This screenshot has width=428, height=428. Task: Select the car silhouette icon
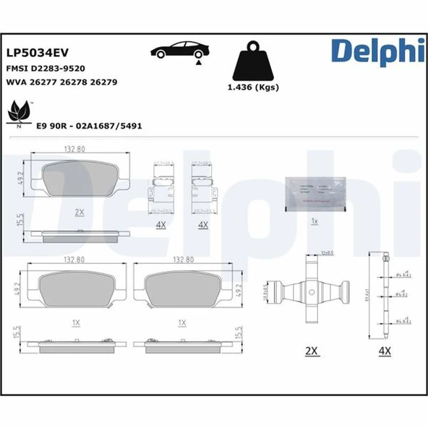pos(178,52)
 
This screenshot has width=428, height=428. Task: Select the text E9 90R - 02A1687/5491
pos(89,125)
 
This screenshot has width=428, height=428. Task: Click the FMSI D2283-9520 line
pos(46,68)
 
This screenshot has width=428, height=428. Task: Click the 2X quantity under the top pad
pos(80,213)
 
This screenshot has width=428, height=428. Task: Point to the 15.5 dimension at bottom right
pos(239,334)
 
